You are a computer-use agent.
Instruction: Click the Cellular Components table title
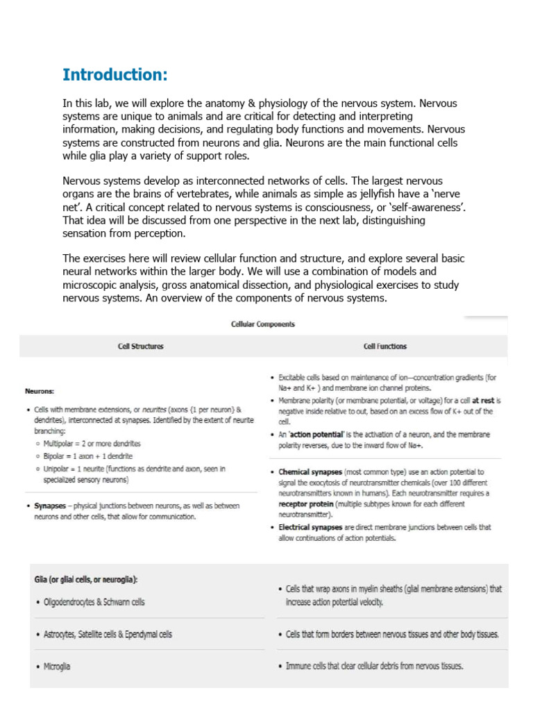point(262,324)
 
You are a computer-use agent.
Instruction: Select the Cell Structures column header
point(141,346)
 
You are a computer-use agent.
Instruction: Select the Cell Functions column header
point(385,346)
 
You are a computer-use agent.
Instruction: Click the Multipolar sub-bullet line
point(92,443)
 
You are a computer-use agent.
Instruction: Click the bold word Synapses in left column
point(49,506)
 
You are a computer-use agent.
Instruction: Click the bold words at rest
point(484,401)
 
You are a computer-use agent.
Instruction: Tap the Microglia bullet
point(56,666)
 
